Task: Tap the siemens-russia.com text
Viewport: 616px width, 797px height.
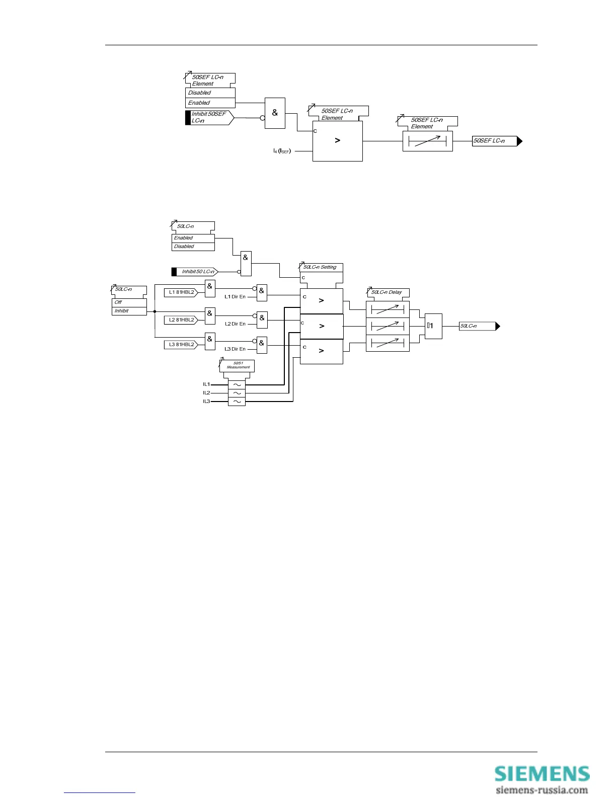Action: point(542,790)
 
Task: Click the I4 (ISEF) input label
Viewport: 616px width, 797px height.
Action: point(282,151)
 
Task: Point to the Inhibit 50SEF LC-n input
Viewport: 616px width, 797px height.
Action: point(209,118)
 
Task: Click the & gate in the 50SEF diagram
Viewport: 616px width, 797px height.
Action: point(275,113)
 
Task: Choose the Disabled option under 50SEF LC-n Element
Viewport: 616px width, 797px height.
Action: point(210,93)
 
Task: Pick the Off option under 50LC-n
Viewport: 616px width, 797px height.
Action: point(129,302)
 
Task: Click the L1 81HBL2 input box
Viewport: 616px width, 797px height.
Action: point(181,292)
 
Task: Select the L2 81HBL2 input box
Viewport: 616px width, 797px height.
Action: point(181,320)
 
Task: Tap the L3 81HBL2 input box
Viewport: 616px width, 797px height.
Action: point(181,345)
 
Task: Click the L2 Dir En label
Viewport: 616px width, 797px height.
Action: point(235,324)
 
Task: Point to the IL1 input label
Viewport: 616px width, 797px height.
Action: point(206,384)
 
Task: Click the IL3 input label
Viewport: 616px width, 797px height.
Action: point(206,402)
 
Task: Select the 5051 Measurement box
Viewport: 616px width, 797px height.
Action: point(238,365)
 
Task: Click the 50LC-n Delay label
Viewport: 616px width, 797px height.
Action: point(387,292)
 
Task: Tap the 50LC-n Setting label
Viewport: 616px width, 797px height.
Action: point(321,267)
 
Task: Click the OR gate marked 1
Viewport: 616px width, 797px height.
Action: point(433,326)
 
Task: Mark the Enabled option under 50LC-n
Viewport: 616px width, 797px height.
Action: point(193,238)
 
